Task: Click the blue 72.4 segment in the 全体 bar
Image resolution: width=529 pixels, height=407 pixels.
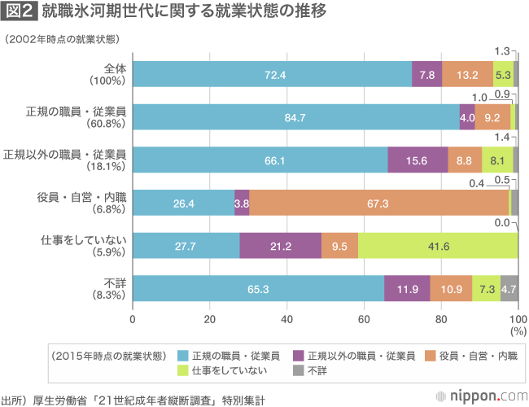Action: click(272, 74)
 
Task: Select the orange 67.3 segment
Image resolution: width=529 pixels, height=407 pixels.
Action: click(376, 203)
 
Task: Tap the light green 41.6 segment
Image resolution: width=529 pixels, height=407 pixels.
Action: click(438, 246)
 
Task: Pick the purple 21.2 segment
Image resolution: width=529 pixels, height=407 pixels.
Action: click(280, 246)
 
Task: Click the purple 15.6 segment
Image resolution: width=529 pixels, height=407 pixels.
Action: click(417, 160)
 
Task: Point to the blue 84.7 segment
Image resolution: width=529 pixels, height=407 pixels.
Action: click(295, 117)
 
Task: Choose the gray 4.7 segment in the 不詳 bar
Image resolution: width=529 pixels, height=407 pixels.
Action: click(509, 289)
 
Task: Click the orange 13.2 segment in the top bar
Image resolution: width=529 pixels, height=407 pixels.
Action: click(467, 74)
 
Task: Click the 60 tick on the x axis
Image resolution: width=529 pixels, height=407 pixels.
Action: click(364, 318)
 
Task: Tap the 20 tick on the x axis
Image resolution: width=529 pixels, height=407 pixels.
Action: click(209, 318)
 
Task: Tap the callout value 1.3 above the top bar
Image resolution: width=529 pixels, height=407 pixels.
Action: click(502, 50)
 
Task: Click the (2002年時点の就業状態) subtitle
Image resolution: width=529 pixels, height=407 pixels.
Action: click(61, 38)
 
